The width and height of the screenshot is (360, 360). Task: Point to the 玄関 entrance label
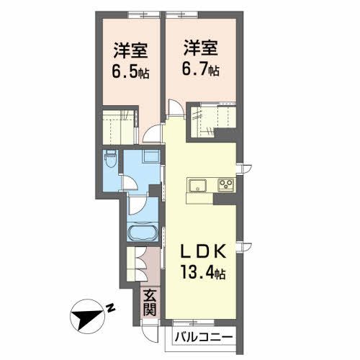click(149, 302)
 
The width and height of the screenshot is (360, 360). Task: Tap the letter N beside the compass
click(112, 309)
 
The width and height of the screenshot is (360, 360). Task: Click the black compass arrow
click(89, 314)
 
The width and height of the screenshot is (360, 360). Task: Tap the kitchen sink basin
click(198, 185)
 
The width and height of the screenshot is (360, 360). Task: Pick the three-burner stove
click(225, 185)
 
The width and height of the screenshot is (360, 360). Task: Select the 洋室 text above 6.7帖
click(201, 49)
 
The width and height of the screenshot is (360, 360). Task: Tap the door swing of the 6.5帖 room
click(152, 132)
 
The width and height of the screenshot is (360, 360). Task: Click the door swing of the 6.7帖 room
click(174, 109)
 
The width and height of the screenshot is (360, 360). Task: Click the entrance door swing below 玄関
click(150, 332)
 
